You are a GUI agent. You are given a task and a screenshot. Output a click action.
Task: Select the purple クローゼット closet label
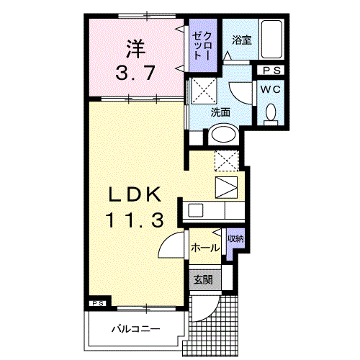click(x=202, y=48)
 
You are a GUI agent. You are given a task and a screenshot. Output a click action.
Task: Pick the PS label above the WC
click(x=271, y=71)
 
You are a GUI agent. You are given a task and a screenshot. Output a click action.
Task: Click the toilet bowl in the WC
click(x=271, y=113)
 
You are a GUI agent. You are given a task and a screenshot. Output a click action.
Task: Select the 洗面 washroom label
click(x=220, y=112)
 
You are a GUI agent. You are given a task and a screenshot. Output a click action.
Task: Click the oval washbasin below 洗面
click(x=224, y=135)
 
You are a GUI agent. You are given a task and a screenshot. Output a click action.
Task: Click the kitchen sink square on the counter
click(x=195, y=210)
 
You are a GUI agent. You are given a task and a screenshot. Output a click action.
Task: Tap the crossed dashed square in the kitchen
click(x=225, y=160)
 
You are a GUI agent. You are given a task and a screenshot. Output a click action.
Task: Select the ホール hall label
click(x=205, y=247)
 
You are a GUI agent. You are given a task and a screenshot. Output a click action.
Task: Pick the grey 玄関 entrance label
click(x=202, y=279)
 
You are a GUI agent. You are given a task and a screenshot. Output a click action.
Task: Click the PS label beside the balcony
click(x=98, y=304)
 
